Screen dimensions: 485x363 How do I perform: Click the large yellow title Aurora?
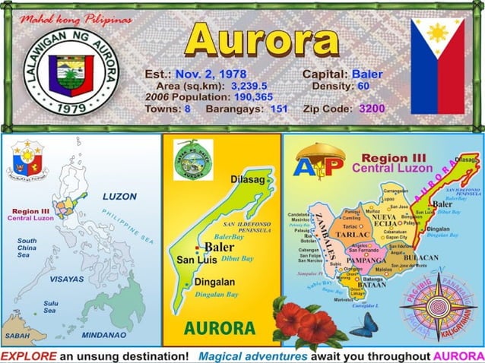pos(261,39)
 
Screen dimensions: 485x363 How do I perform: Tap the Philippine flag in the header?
pos(437,66)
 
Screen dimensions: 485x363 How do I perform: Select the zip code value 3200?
pos(372,109)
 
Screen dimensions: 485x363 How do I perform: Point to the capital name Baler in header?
pos(367,74)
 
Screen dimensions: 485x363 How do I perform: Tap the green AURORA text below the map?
pos(219,329)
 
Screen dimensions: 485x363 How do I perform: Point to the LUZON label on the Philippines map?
pos(119,196)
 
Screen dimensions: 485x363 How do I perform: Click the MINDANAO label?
pos(104,334)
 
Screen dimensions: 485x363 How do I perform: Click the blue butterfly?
pos(363,324)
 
